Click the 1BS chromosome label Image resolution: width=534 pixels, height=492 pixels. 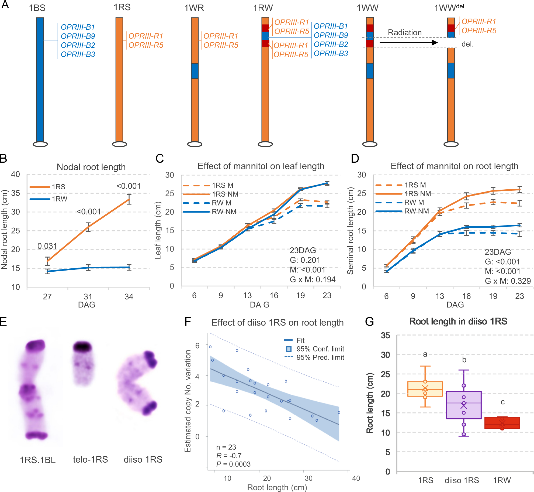(37, 8)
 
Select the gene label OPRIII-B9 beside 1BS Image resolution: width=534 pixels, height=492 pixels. (78, 36)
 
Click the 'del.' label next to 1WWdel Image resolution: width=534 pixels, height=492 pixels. (467, 44)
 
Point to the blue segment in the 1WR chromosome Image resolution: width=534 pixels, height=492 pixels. (195, 71)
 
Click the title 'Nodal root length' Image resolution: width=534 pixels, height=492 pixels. (91, 167)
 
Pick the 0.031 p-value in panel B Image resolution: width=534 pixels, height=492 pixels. (47, 246)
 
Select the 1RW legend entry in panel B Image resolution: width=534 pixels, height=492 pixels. (48, 199)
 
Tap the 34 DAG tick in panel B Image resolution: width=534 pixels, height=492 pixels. (129, 297)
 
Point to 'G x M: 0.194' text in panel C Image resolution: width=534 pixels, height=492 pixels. (313, 279)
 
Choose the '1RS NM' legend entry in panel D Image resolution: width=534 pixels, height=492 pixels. (403, 194)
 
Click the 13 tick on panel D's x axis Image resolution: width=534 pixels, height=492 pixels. (440, 296)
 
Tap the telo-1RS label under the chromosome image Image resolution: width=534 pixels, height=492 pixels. (90, 459)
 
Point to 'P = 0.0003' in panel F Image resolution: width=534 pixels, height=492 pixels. (233, 464)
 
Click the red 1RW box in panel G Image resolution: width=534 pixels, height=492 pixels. (502, 423)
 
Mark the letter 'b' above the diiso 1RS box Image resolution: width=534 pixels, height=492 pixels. (464, 360)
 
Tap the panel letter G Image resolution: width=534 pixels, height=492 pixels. (369, 322)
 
